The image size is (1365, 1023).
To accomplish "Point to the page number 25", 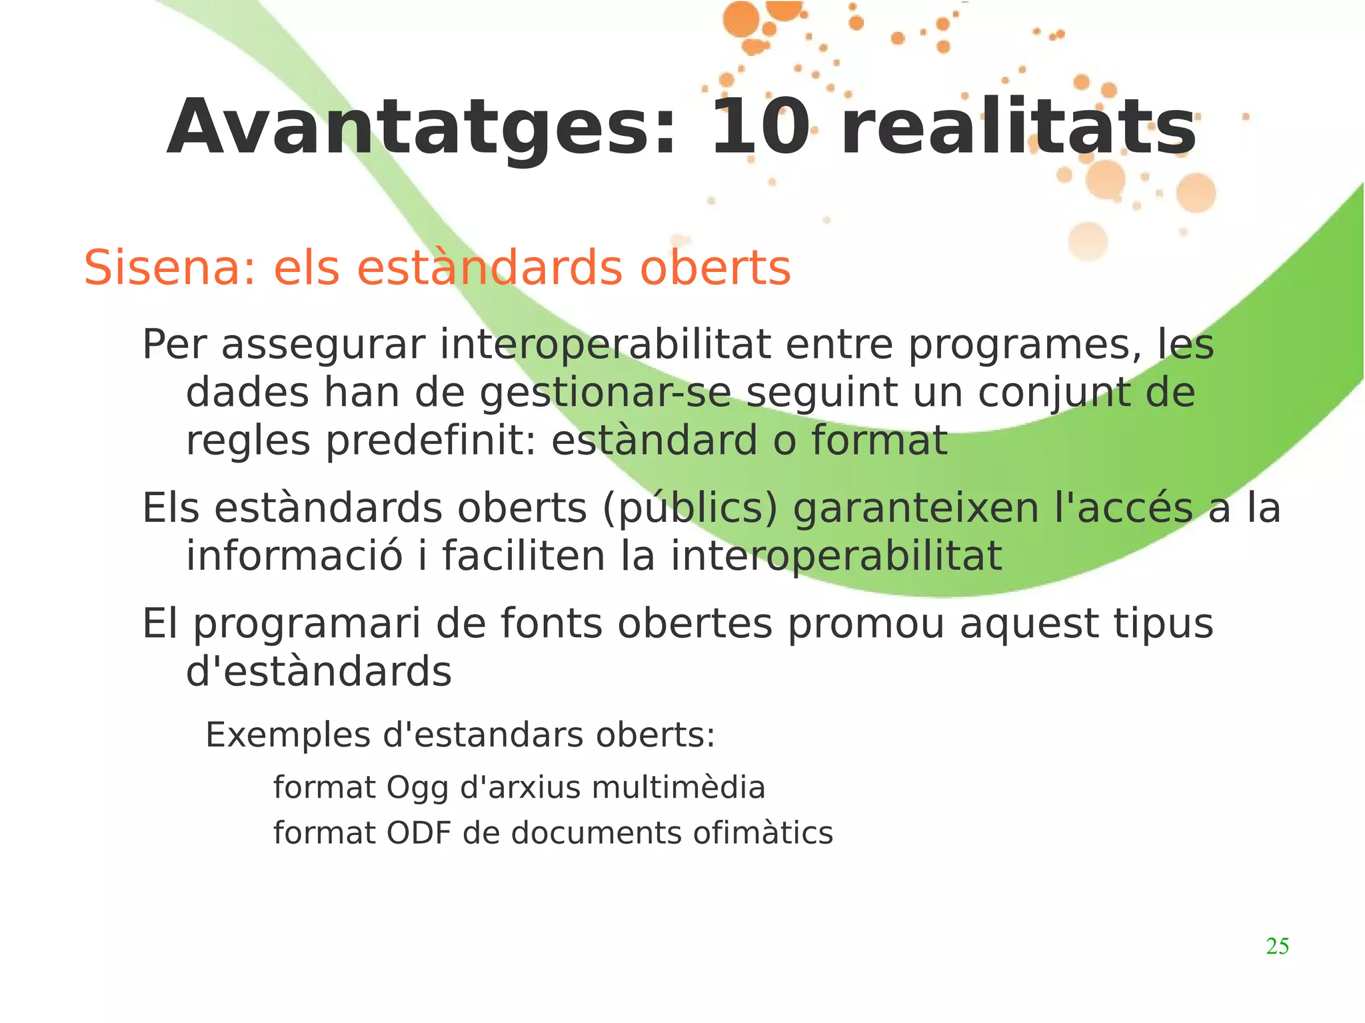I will pos(1277,946).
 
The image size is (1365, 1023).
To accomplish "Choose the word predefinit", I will pos(431,441).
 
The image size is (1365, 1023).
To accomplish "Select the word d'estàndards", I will pos(319,671).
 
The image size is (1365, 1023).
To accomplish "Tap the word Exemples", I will pos(288,736).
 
